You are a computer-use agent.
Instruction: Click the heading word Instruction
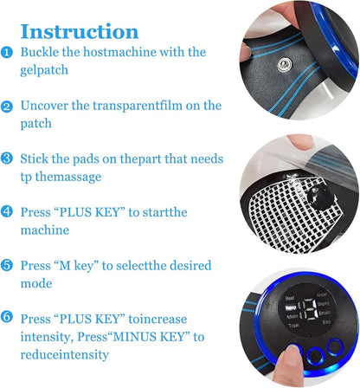[x=79, y=32]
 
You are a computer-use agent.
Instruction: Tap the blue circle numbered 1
[x=7, y=53]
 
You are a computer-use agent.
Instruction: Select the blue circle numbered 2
[x=7, y=106]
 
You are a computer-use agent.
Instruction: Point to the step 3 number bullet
[x=7, y=158]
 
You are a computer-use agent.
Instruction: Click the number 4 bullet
[x=7, y=211]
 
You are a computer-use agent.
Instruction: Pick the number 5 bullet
[x=7, y=265]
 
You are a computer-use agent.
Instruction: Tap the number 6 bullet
[x=7, y=318]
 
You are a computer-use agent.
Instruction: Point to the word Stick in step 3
[x=39, y=158]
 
